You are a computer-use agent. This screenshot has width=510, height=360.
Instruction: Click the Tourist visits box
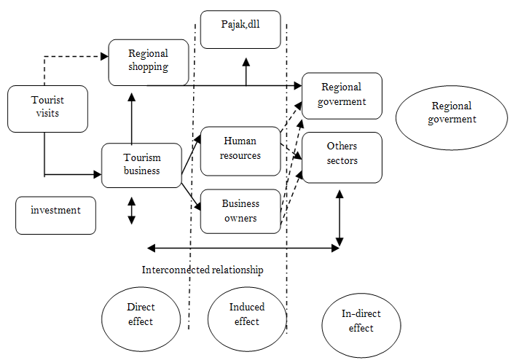pos(47,109)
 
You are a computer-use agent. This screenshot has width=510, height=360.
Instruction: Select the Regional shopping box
pos(149,61)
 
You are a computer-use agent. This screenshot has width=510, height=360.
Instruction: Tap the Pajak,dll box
pos(240,29)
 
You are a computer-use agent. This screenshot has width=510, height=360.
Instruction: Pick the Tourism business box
pos(141,165)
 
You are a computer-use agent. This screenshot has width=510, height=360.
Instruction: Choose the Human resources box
pos(240,151)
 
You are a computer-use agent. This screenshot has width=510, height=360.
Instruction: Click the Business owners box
pos(240,211)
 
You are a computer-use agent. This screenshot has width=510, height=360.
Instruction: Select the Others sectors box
pos(342,157)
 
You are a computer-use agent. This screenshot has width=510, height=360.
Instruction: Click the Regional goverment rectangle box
pos(342,95)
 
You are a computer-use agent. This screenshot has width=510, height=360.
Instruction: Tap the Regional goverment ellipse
pos(451,114)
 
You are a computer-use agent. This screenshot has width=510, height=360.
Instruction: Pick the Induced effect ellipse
pos(246,316)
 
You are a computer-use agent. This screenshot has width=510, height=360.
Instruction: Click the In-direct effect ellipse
pos(361,323)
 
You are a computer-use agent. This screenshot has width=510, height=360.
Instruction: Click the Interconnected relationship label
pos(203,270)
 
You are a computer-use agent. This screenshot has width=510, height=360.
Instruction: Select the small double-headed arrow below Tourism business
pos(132,210)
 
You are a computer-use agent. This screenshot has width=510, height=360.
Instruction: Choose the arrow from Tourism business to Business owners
pos(190,192)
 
